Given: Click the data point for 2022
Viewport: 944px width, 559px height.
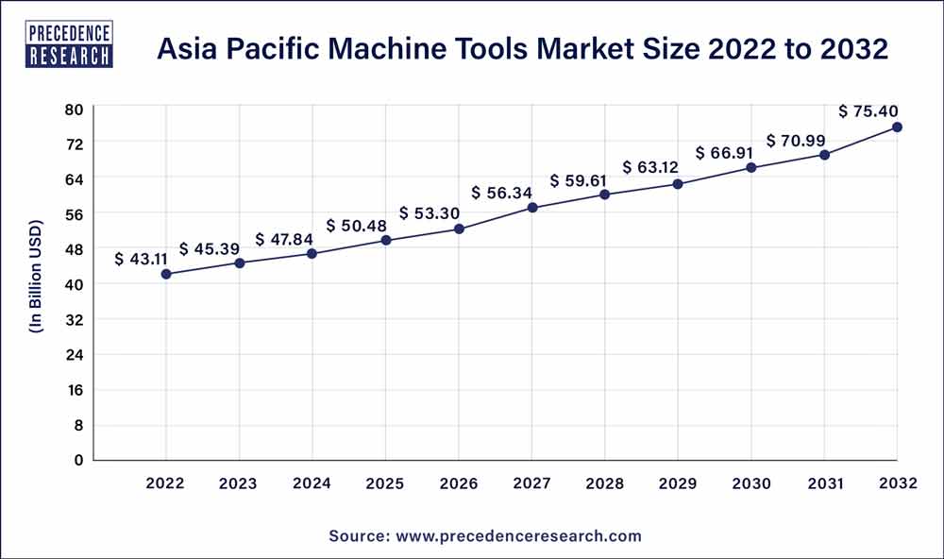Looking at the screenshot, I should coord(166,274).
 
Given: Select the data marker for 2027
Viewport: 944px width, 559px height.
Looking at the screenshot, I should coord(532,208).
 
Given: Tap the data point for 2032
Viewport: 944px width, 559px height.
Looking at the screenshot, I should coord(897,127).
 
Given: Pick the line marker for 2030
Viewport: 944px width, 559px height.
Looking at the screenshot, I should coord(751,167).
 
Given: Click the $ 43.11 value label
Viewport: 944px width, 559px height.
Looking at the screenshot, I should coord(146,258).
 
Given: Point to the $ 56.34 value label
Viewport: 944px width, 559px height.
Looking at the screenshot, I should coord(503,193).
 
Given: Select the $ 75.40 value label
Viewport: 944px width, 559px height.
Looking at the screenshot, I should coord(868,111).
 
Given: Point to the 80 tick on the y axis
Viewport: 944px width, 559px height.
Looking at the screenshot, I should coord(75,109).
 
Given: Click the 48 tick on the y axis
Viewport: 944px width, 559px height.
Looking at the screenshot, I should coord(75,249).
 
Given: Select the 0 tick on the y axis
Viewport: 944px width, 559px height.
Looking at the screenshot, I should coord(79,460).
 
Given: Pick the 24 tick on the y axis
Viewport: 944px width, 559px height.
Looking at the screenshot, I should coord(75,355).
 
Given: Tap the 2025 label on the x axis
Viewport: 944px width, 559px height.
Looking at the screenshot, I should coord(386,483).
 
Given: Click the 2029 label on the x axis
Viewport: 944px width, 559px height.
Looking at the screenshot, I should coord(679,483).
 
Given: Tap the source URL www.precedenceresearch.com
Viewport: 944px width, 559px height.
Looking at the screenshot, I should coord(520,535).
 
